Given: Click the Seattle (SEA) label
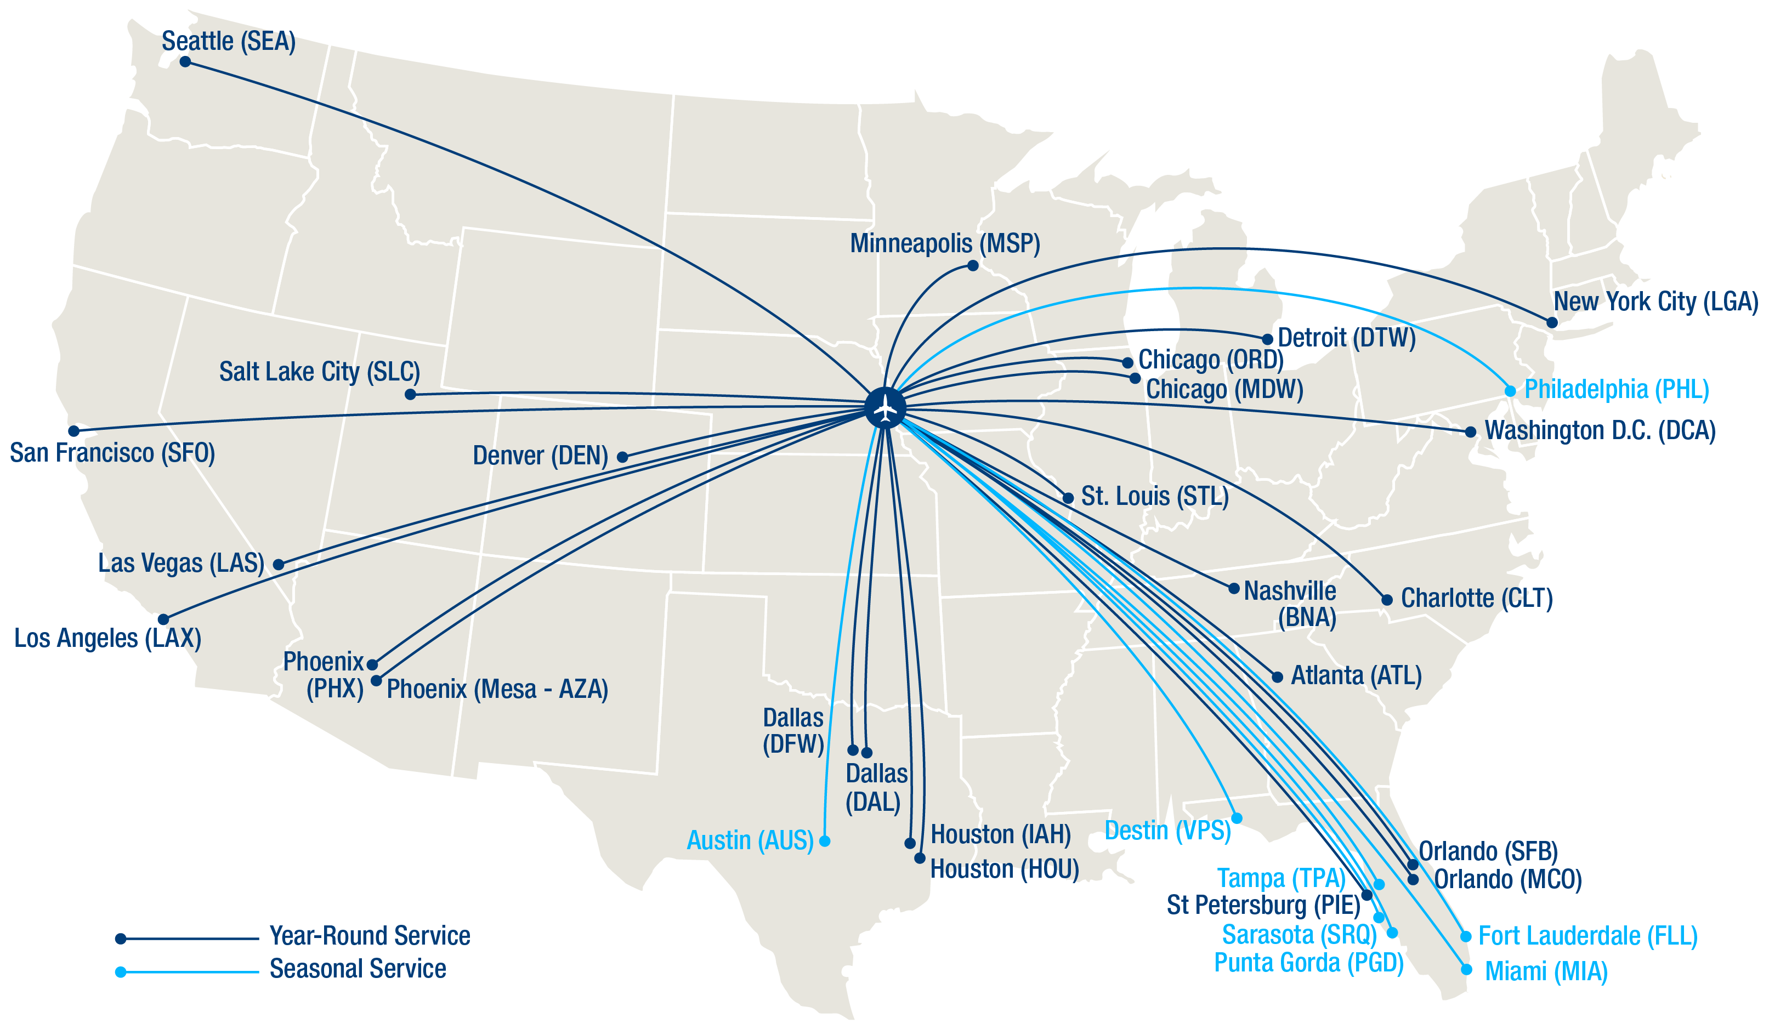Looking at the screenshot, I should click(x=228, y=42).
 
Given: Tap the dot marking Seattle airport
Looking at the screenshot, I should click(x=185, y=62).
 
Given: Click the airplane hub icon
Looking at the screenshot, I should click(x=885, y=407).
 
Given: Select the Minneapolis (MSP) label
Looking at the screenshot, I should click(x=944, y=243).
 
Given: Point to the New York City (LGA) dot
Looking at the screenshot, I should click(x=1552, y=323).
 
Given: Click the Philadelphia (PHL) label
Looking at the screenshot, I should click(x=1616, y=390).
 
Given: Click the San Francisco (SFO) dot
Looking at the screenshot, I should click(x=73, y=431).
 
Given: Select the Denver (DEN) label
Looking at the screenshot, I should click(x=540, y=456).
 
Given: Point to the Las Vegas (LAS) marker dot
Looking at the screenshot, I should click(x=279, y=564).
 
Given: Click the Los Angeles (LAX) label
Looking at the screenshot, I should click(x=107, y=638).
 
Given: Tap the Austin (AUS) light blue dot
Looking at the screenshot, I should click(x=825, y=841).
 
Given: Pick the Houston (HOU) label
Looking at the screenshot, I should click(x=1004, y=869).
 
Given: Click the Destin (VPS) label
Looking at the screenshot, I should click(x=1167, y=831).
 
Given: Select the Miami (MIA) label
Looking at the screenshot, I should click(x=1546, y=971).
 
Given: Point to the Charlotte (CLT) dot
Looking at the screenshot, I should click(x=1387, y=600).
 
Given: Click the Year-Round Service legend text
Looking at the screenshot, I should click(x=370, y=936).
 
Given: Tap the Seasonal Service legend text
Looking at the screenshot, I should click(x=358, y=969).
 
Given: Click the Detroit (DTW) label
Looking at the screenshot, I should click(x=1346, y=338).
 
